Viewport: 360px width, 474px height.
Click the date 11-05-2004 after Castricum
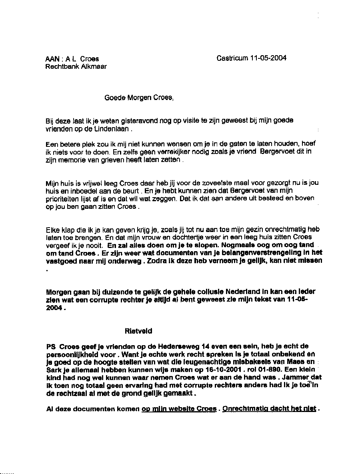pos(268,58)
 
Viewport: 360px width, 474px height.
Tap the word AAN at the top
pos(53,59)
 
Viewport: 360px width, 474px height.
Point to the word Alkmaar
pos(94,67)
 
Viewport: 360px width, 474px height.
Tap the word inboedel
pos(86,191)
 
